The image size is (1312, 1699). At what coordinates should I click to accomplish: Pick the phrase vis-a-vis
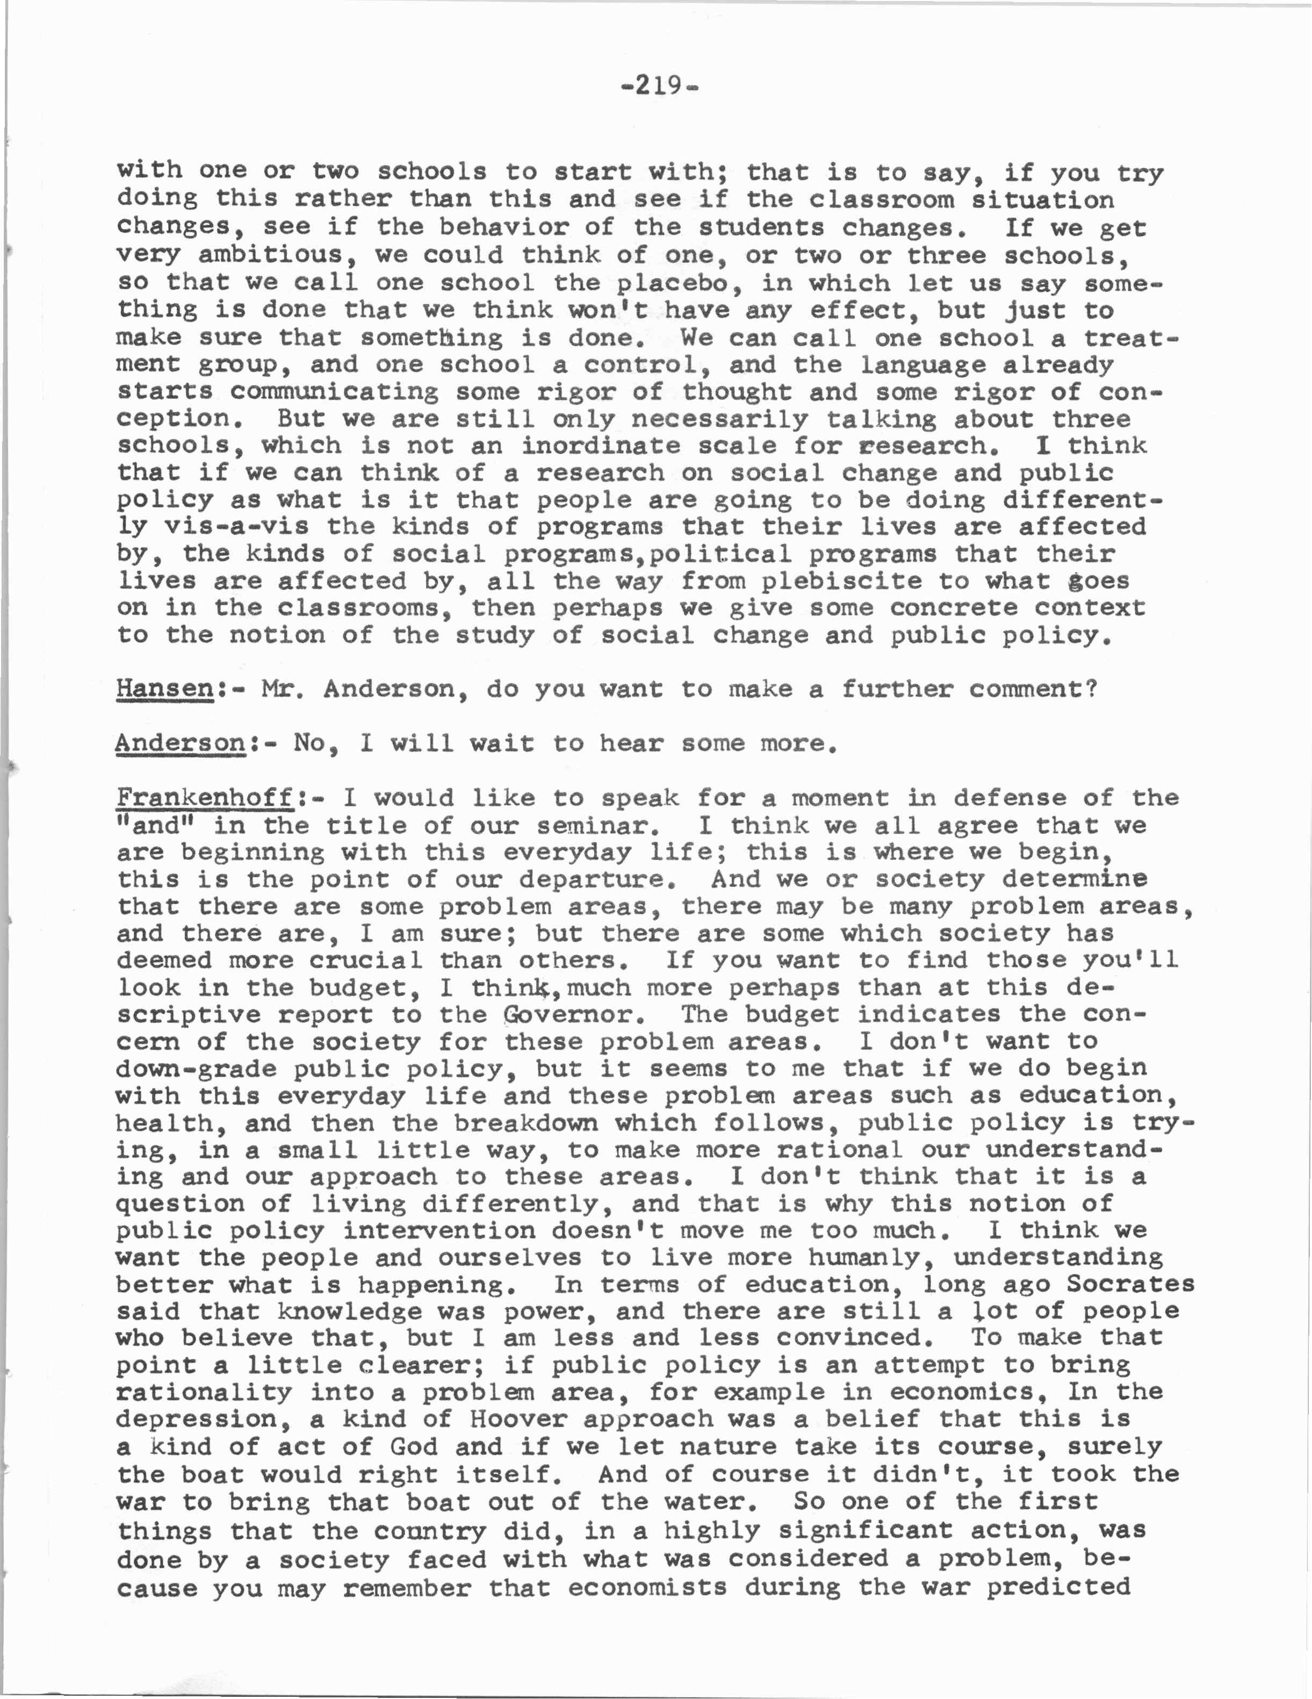[x=236, y=527]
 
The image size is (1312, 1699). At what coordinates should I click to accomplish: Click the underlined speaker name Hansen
[x=165, y=689]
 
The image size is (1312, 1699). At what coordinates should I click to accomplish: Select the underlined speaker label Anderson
[x=181, y=744]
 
